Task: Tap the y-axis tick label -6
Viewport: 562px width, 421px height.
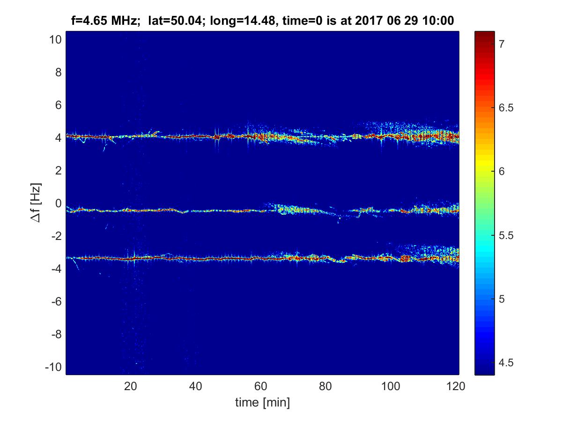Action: pyautogui.click(x=54, y=302)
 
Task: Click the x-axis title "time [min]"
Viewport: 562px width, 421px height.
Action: pyautogui.click(x=262, y=402)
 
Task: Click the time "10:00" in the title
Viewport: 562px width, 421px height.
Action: pyautogui.click(x=440, y=21)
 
